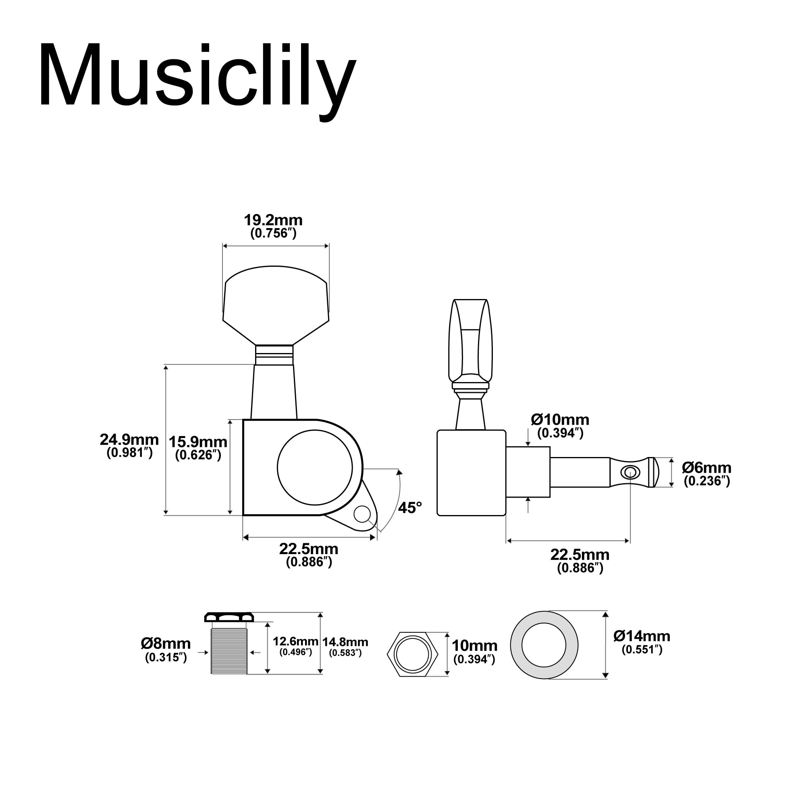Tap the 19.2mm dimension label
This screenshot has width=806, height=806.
click(x=273, y=220)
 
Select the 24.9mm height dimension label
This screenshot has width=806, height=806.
click(x=129, y=440)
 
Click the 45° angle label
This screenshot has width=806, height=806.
click(x=410, y=508)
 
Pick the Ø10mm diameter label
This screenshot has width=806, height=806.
click(x=560, y=420)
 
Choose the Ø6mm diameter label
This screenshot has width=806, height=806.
click(x=707, y=467)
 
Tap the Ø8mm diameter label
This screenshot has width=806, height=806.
click(x=166, y=644)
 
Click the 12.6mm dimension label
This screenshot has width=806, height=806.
click(x=295, y=641)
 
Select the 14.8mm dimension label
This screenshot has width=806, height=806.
click(x=345, y=642)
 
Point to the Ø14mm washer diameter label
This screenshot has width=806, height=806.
click(x=642, y=636)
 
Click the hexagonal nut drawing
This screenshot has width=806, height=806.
click(x=413, y=654)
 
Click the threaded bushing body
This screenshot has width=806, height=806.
click(x=229, y=652)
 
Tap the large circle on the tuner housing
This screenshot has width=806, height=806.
click(x=315, y=467)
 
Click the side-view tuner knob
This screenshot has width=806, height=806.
click(x=470, y=342)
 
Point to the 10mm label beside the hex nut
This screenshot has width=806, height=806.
click(x=474, y=646)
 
